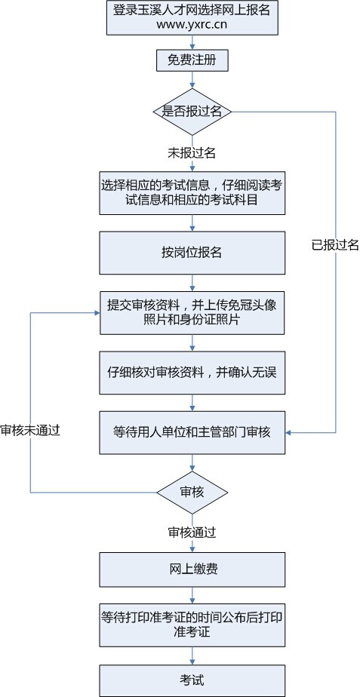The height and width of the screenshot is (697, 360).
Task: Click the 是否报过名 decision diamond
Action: click(192, 112)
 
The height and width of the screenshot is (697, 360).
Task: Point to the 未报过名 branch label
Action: click(192, 153)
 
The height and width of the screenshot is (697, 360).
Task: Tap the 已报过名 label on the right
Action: click(334, 244)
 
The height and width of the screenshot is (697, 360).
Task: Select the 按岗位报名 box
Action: click(192, 252)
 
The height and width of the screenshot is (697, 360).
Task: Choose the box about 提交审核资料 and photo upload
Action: click(192, 312)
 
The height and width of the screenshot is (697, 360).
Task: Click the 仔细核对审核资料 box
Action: click(192, 372)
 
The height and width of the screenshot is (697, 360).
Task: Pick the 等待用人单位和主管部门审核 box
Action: click(192, 432)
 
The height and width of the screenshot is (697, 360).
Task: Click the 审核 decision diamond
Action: click(192, 491)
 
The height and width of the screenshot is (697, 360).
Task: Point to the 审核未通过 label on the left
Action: click(30, 429)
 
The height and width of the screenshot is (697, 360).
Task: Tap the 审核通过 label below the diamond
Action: click(192, 532)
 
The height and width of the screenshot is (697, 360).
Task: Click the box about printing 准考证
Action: click(192, 624)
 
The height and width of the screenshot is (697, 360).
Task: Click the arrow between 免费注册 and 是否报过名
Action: click(192, 81)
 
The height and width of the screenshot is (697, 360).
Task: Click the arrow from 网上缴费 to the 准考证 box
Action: click(192, 595)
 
